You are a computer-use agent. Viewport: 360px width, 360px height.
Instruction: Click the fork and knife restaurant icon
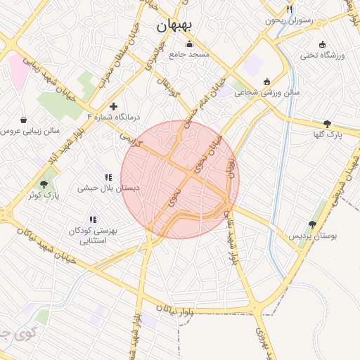[288, 9]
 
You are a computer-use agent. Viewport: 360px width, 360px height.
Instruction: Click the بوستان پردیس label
[313, 236]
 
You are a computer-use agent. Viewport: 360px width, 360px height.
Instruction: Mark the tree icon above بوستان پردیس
[312, 223]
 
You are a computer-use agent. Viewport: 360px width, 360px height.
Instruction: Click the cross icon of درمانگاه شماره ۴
[113, 106]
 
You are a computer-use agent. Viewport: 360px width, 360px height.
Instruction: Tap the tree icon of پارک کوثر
[44, 184]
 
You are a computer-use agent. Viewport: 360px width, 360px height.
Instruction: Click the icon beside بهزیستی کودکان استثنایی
[93, 220]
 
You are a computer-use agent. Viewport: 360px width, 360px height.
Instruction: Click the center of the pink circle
[180, 179]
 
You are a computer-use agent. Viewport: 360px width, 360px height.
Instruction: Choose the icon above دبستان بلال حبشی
[108, 177]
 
